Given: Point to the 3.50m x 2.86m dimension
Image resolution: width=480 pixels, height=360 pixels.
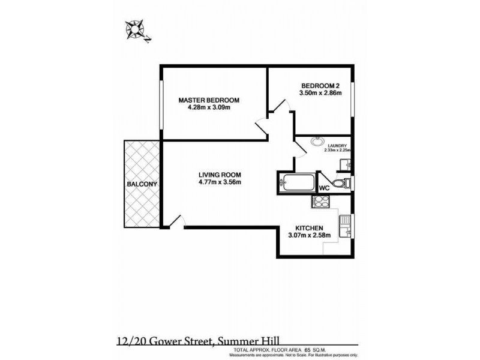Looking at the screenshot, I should (x=321, y=93).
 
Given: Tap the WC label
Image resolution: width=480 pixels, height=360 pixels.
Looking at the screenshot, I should (x=325, y=188).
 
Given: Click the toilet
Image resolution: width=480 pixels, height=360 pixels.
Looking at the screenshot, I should (x=340, y=182).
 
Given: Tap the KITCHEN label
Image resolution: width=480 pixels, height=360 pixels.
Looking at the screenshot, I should (x=310, y=229).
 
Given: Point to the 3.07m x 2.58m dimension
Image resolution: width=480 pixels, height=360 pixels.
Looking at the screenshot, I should (x=310, y=236).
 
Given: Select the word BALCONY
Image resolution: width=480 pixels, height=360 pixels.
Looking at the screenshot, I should (x=142, y=184).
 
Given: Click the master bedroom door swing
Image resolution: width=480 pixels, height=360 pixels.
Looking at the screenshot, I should (x=262, y=126).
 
